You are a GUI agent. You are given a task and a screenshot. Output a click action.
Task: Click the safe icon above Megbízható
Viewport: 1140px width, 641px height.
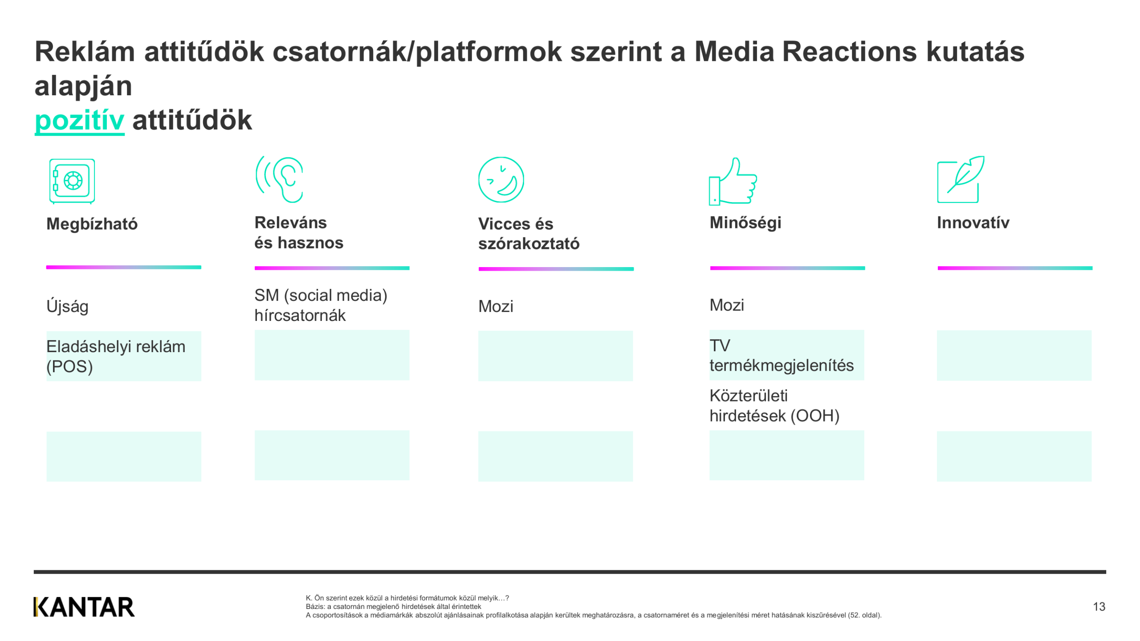point(72,181)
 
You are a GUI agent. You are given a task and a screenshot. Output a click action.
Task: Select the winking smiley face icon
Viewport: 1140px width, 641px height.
point(501,179)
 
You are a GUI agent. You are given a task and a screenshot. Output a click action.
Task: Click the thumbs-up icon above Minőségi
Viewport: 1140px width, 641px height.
point(733,181)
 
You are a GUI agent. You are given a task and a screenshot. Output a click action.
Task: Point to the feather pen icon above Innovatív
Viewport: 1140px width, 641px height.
point(961,179)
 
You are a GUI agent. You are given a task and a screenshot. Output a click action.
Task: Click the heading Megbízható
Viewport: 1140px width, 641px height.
point(92,224)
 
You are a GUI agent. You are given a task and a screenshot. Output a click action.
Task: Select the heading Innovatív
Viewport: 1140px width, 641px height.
point(973,223)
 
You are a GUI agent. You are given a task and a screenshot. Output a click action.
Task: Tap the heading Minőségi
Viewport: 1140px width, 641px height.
point(745,223)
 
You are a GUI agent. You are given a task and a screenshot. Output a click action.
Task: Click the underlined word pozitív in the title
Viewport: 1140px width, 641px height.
point(79,120)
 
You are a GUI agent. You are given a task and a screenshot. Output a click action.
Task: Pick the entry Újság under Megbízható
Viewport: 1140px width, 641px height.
point(67,306)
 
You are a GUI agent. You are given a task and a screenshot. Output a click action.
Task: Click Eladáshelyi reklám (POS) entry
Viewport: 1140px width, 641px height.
point(116,356)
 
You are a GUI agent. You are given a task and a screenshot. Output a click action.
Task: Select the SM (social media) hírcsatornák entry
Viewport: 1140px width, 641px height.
point(321,305)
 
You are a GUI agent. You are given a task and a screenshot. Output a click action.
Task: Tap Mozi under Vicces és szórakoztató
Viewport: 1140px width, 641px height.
point(496,306)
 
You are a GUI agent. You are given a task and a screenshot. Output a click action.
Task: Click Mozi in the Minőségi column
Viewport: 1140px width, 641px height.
point(726,305)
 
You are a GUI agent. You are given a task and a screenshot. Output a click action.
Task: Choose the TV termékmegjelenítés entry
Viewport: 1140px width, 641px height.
point(782,355)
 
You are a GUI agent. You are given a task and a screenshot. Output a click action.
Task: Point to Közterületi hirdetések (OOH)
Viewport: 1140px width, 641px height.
point(774,406)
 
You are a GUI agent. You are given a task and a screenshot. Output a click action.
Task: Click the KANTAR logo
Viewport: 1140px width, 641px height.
point(84,607)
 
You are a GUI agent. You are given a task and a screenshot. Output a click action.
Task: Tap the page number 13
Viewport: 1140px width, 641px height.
point(1099,607)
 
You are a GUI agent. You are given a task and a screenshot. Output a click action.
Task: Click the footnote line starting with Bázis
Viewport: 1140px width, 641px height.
point(393,607)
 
